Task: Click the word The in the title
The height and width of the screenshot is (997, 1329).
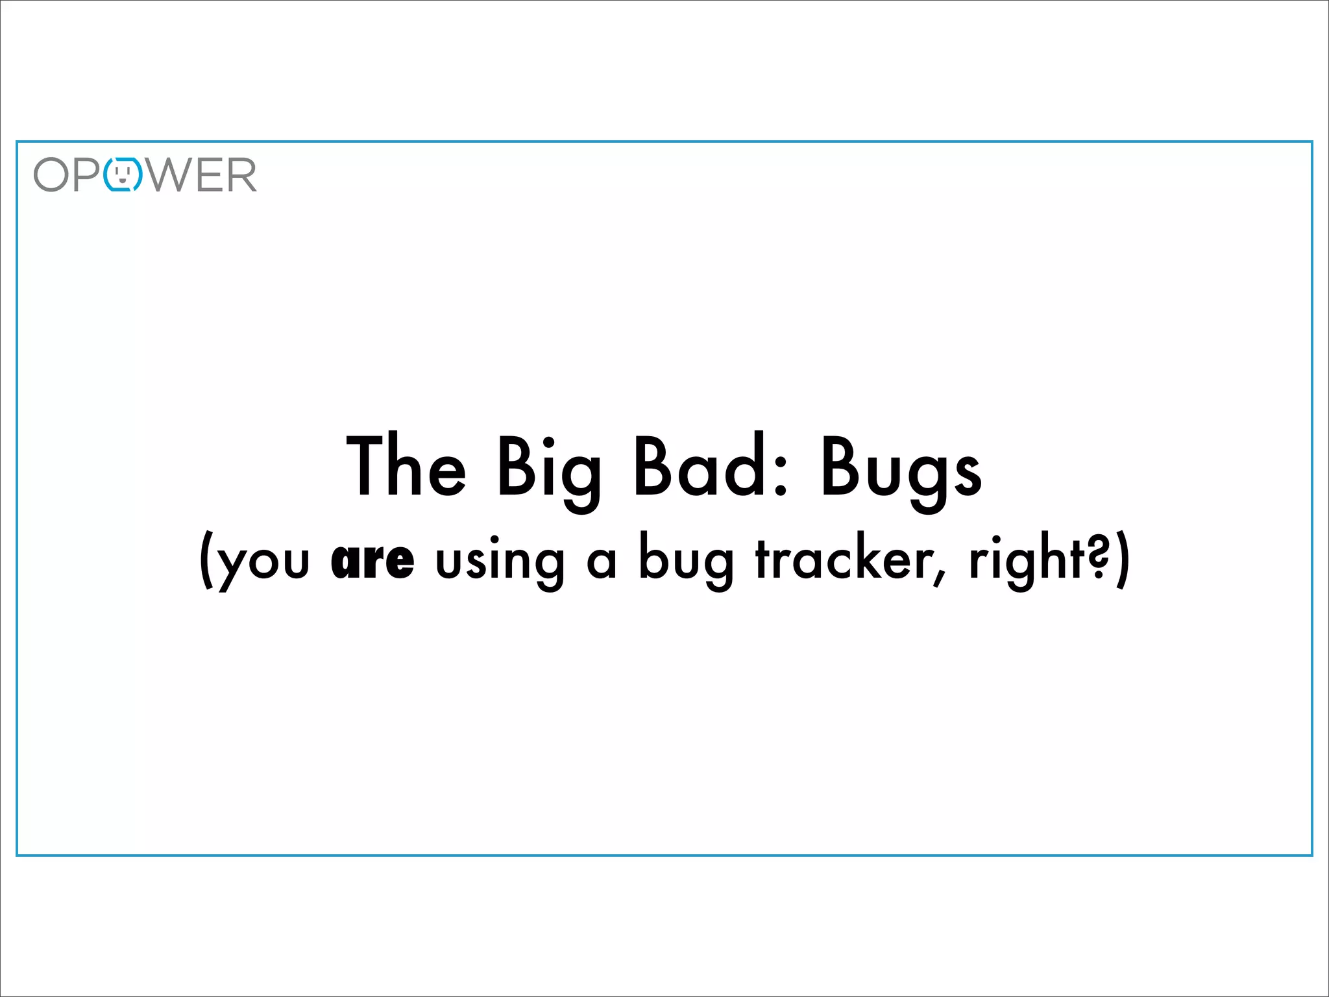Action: point(407,467)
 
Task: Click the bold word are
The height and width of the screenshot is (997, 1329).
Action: point(372,561)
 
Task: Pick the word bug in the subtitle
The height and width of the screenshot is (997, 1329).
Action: point(686,561)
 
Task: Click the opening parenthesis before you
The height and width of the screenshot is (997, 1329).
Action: point(206,560)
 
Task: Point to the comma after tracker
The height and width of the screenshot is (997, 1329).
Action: point(939,576)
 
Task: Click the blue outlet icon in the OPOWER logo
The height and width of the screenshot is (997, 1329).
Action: point(123,174)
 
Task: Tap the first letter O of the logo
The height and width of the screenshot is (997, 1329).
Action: point(51,175)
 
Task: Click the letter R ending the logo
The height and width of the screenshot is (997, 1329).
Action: point(241,175)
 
